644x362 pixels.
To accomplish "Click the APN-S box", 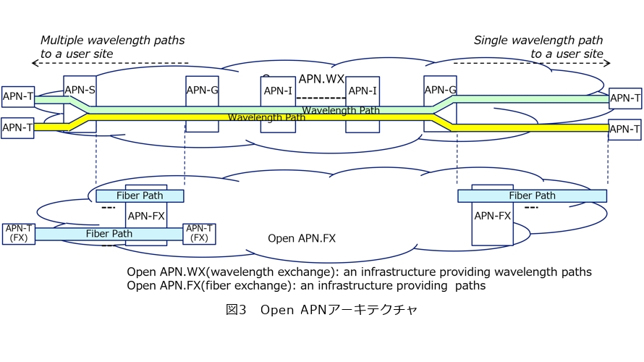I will click(79, 89).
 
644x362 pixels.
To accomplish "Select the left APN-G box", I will click(202, 90).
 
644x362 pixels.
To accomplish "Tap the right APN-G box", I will click(440, 90).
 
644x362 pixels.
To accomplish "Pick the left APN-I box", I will click(278, 90).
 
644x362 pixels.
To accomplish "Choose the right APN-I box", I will click(362, 90).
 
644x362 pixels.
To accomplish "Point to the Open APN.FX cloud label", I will click(302, 238).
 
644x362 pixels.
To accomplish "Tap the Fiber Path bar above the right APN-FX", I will click(532, 195).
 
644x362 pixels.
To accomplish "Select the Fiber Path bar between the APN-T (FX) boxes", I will click(109, 234).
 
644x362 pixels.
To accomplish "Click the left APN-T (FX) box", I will click(18, 233).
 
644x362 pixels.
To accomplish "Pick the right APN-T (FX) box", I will click(199, 233).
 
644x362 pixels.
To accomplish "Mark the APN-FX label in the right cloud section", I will click(493, 215).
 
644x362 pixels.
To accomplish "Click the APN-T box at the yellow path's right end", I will click(624, 130).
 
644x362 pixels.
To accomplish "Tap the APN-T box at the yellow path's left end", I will click(17, 127).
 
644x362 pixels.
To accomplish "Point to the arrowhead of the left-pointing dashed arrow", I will click(34, 63).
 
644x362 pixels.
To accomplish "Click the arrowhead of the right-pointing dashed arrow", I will click(609, 63).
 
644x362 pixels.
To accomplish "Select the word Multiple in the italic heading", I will click(62, 40).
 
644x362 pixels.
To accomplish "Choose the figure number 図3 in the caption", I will click(237, 310).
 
